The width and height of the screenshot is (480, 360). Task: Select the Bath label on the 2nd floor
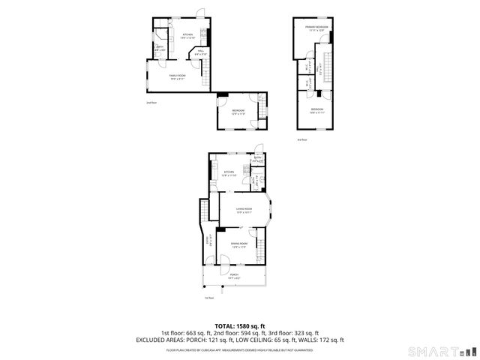(160, 49)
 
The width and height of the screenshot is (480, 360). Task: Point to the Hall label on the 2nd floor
(201, 52)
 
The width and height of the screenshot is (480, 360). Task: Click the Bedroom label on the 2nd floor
(238, 112)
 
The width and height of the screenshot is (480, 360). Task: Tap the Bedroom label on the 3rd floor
(316, 110)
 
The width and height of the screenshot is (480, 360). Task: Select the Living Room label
(244, 211)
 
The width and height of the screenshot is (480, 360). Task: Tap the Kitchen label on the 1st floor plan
(229, 173)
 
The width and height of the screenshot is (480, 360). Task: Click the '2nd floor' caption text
(151, 102)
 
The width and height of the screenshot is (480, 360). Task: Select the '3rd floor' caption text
(301, 139)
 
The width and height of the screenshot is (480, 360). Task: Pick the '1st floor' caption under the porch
(209, 298)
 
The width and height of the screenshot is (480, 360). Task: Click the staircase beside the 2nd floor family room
(205, 75)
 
